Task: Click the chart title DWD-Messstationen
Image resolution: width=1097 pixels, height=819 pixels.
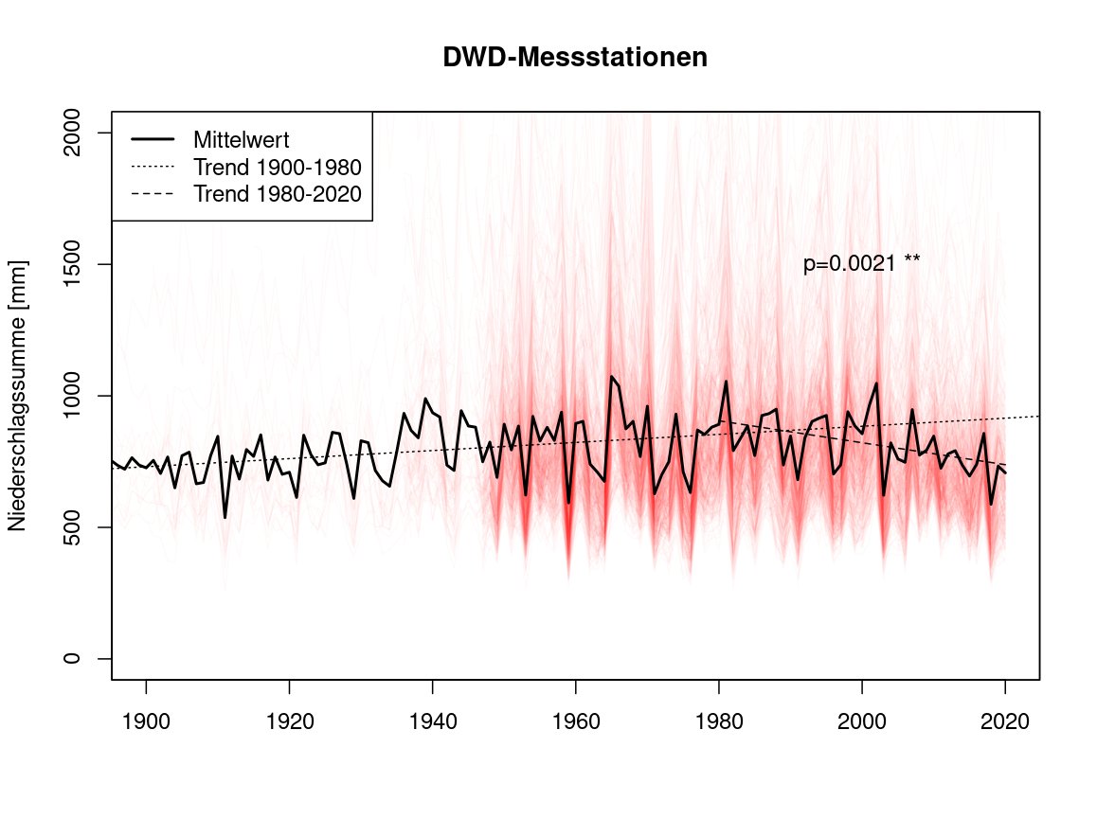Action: pos(575,58)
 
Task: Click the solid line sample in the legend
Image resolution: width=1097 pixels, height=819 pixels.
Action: pos(151,139)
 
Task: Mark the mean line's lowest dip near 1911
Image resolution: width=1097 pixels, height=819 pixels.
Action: pos(225,516)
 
